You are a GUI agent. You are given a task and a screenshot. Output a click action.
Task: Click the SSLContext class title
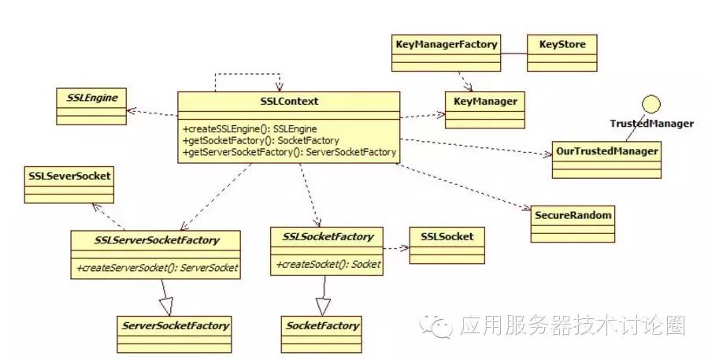point(288,102)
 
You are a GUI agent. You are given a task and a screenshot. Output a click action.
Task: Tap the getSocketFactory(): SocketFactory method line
point(250,140)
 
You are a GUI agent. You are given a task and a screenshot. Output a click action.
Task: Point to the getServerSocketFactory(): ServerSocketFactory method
point(289,152)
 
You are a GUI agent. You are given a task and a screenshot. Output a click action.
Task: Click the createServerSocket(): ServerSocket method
point(157,268)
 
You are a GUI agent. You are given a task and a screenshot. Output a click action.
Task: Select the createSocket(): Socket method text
point(328,265)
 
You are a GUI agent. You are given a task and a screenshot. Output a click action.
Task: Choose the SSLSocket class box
point(447,244)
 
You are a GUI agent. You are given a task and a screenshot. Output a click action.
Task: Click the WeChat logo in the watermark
point(440,325)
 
